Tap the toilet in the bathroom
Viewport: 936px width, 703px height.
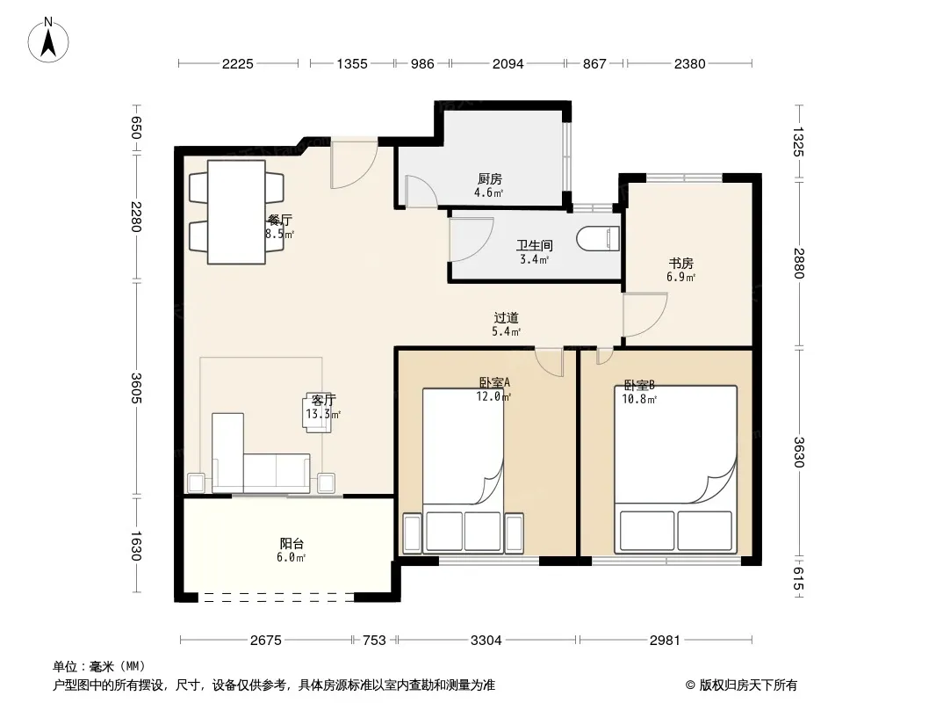[598, 239]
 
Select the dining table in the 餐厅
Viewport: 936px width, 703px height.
[236, 212]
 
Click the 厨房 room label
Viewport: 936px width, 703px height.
[489, 178]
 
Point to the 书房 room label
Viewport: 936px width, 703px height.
[680, 264]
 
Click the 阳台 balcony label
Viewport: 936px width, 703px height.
[292, 544]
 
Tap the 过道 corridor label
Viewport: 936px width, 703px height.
[507, 318]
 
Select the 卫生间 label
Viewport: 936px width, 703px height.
[534, 245]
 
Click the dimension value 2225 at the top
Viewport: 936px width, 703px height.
[238, 64]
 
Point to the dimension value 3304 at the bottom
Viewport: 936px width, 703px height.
[486, 641]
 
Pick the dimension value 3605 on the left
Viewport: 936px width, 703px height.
[136, 388]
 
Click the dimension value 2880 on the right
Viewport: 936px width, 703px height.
[799, 263]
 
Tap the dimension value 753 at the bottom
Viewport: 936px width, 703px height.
[374, 641]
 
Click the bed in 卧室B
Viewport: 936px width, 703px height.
[676, 469]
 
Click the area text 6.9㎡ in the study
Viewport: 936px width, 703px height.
[680, 277]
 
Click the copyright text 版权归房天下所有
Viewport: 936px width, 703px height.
[748, 685]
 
